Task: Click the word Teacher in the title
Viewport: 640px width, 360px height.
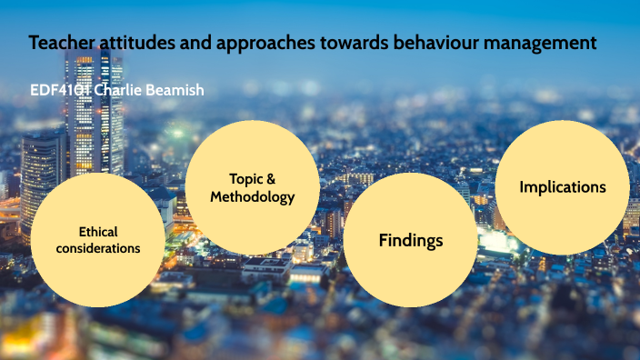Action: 59,42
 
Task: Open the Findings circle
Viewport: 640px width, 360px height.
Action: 411,241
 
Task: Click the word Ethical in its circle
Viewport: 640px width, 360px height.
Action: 98,232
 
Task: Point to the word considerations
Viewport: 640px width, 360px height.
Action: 98,248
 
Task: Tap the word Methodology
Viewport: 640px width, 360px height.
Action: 253,197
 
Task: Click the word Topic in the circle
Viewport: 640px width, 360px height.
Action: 245,179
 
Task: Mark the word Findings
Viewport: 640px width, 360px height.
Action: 411,241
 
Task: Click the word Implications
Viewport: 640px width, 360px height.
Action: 563,187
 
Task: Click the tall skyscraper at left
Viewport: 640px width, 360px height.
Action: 93,109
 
